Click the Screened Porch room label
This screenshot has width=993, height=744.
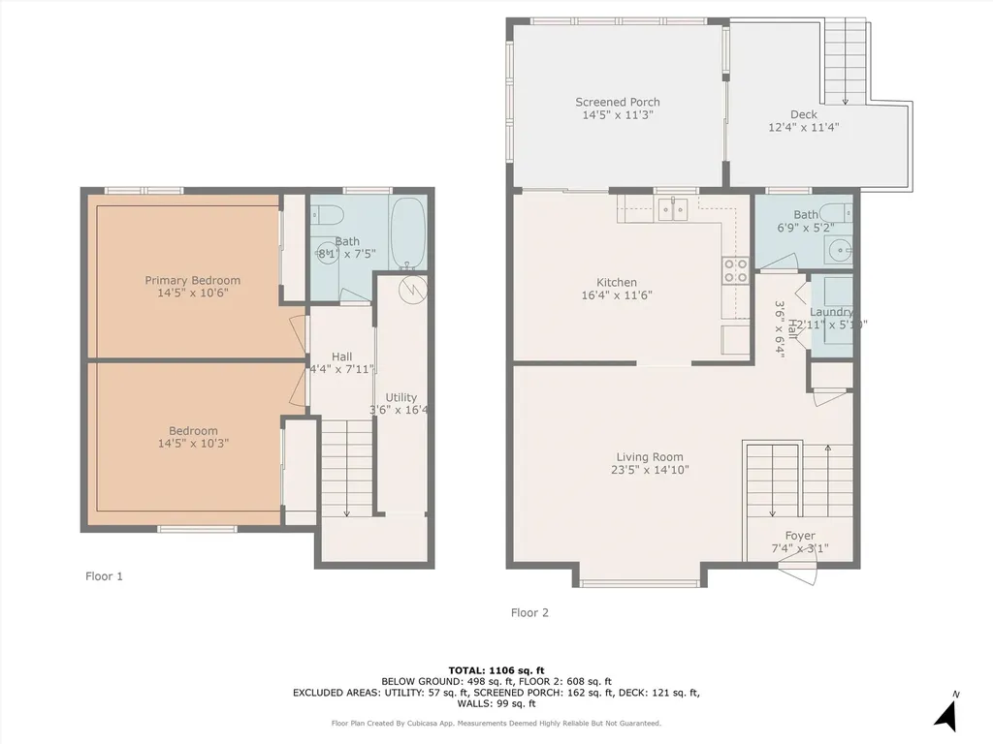617,102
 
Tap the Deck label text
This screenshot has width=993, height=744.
803,114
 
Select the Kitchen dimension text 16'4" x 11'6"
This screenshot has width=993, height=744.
617,295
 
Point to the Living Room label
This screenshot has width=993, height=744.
650,457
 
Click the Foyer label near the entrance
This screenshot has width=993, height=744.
800,536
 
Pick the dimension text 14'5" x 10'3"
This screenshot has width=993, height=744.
194,444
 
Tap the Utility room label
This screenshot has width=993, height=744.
400,397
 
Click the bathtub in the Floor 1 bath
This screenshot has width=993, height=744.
408,232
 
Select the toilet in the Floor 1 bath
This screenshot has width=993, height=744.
327,214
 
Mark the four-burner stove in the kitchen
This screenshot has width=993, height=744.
735,270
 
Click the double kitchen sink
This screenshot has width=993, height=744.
672,206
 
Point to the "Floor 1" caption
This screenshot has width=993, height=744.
104,575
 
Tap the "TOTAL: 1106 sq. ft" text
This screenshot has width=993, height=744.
496,670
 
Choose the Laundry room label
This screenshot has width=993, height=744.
831,312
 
